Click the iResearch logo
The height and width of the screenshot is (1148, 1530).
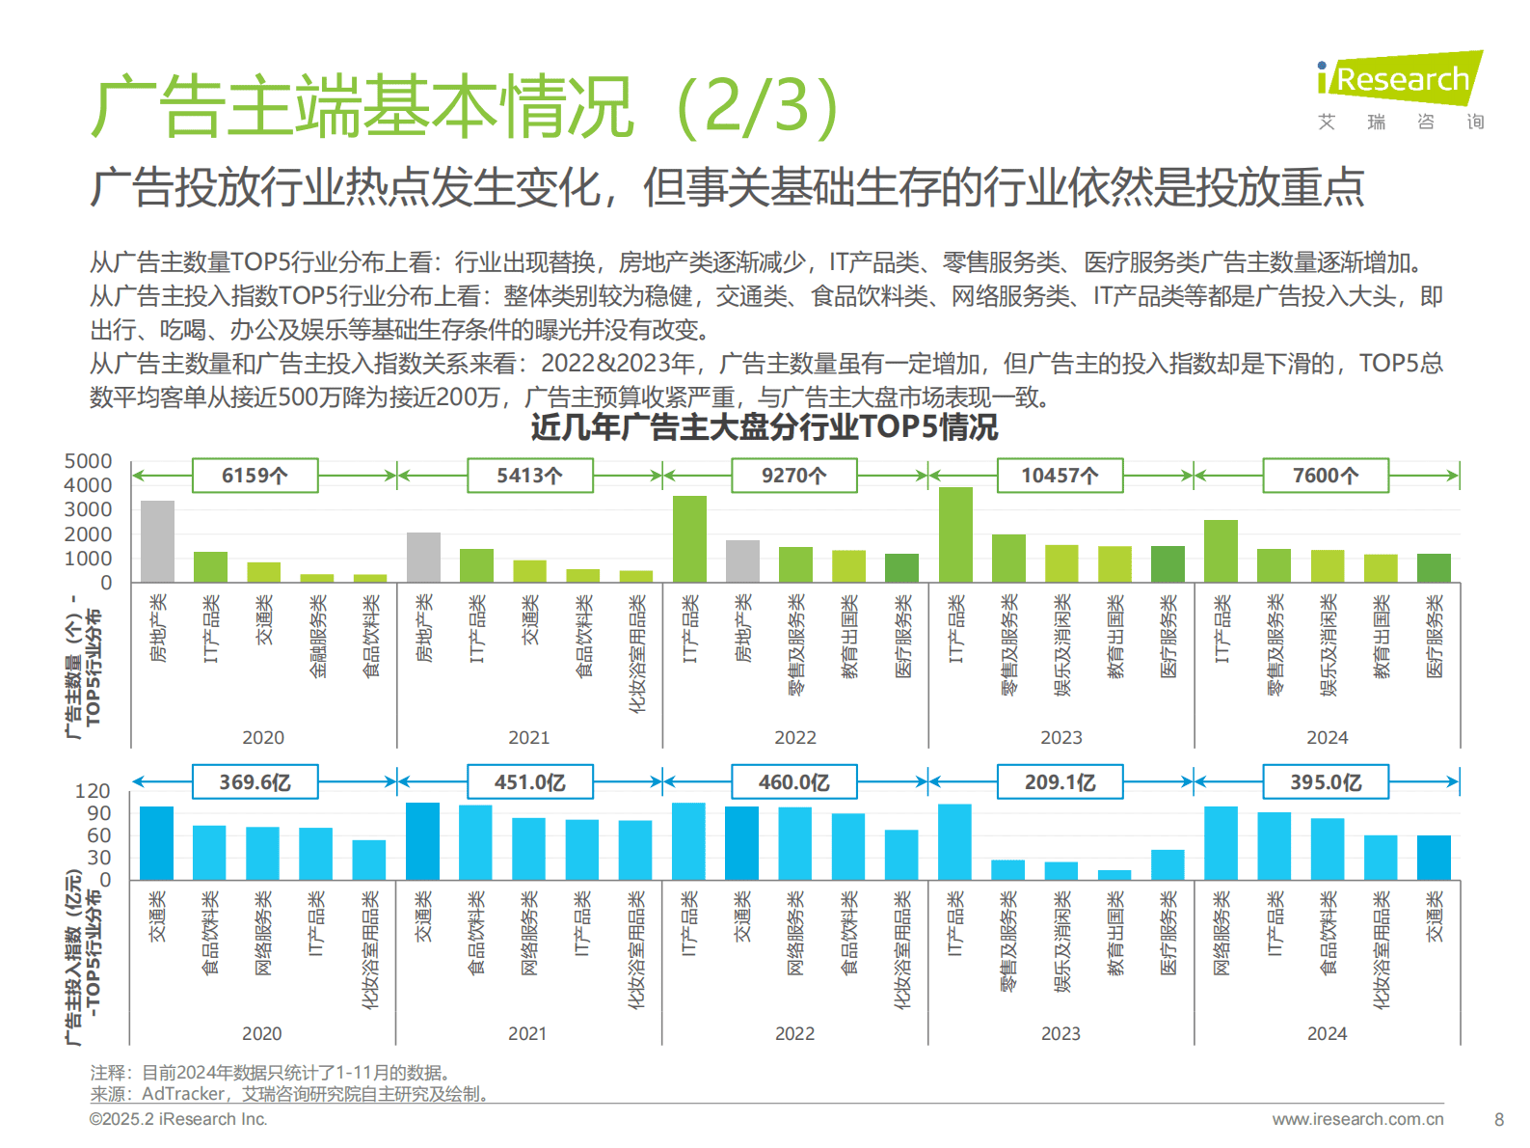click(x=1400, y=79)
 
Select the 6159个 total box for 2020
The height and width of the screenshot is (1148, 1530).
click(x=255, y=476)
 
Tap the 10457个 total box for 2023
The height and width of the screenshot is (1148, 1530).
click(x=1059, y=476)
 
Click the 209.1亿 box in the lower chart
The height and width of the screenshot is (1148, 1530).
click(x=1059, y=782)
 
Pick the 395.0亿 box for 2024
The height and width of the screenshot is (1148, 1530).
click(x=1325, y=782)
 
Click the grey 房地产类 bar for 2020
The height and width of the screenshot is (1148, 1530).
click(x=157, y=541)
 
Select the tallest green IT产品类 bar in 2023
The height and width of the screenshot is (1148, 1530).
click(x=955, y=534)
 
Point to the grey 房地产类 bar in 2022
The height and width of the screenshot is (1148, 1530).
click(x=742, y=561)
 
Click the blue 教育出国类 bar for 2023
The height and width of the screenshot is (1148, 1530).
click(x=1114, y=875)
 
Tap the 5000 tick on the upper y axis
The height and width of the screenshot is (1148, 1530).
click(x=88, y=461)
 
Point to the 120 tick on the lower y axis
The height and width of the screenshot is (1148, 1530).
click(x=93, y=791)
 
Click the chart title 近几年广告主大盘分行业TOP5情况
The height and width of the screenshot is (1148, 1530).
click(x=764, y=427)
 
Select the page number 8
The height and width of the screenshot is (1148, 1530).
click(x=1498, y=1120)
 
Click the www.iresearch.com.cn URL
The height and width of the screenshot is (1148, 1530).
click(x=1357, y=1119)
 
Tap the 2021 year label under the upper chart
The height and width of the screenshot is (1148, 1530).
click(x=528, y=737)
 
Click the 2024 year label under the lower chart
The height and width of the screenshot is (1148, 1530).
click(x=1327, y=1033)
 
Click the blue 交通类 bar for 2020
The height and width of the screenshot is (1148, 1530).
click(x=156, y=843)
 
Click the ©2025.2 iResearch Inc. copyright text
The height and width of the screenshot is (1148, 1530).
click(x=178, y=1119)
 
